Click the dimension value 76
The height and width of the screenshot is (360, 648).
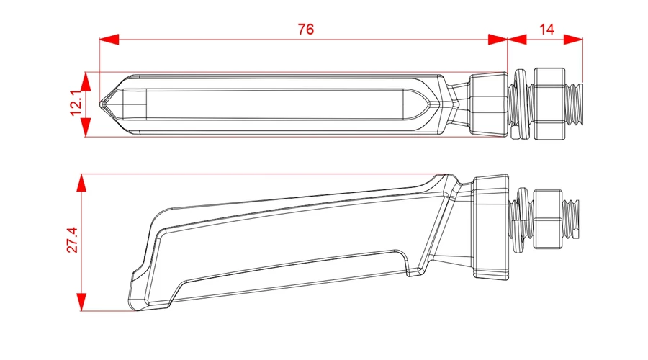(x=306, y=30)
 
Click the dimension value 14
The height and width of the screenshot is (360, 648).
(x=546, y=30)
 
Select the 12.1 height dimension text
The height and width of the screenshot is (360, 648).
(x=76, y=104)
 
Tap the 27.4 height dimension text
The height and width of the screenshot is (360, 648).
(x=72, y=240)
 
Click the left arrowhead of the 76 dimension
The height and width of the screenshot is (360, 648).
(x=109, y=40)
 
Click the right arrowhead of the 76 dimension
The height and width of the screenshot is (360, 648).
(x=498, y=40)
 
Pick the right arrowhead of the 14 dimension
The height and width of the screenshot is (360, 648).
(x=573, y=40)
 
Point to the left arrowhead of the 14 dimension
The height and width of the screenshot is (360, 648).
(x=517, y=40)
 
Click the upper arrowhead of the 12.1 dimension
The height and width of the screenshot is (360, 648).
(x=86, y=81)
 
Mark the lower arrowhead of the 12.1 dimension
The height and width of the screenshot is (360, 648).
(x=86, y=127)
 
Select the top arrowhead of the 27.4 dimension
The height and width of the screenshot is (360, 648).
(x=82, y=183)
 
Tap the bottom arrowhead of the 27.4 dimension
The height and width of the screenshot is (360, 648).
(x=82, y=302)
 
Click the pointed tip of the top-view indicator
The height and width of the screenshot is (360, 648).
(x=100, y=104)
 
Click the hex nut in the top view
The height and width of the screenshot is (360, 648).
(x=549, y=104)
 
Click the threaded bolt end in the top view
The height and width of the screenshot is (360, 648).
(x=574, y=104)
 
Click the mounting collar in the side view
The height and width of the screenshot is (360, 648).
(x=490, y=227)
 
